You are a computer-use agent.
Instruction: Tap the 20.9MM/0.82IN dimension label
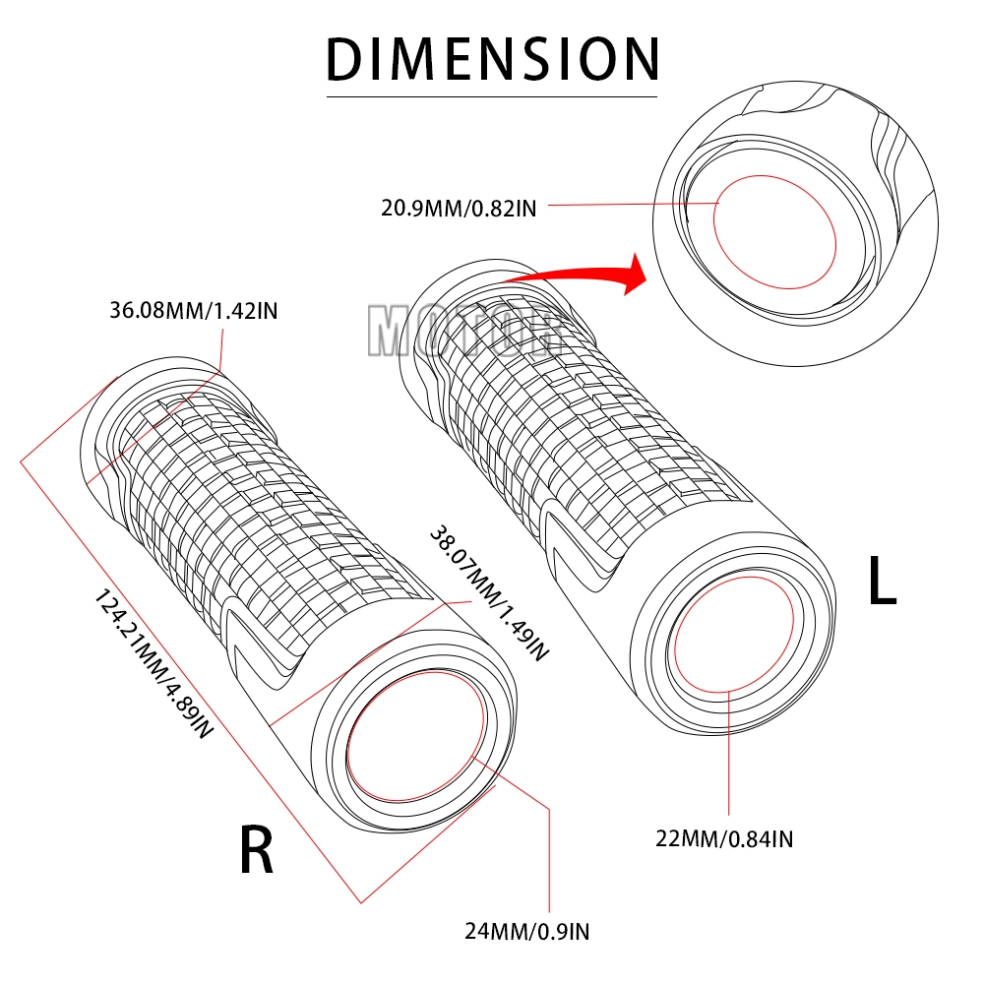[x=459, y=208]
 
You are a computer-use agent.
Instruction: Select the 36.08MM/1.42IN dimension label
[x=194, y=312]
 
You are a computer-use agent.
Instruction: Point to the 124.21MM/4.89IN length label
[x=153, y=665]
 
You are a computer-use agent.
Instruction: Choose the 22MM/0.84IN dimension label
[x=727, y=838]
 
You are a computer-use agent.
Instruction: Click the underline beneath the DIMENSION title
[x=492, y=96]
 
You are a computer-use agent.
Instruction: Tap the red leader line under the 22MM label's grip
[x=728, y=758]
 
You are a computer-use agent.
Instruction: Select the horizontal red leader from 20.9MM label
[x=630, y=205]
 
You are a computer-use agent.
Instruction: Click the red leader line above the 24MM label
[x=547, y=856]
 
